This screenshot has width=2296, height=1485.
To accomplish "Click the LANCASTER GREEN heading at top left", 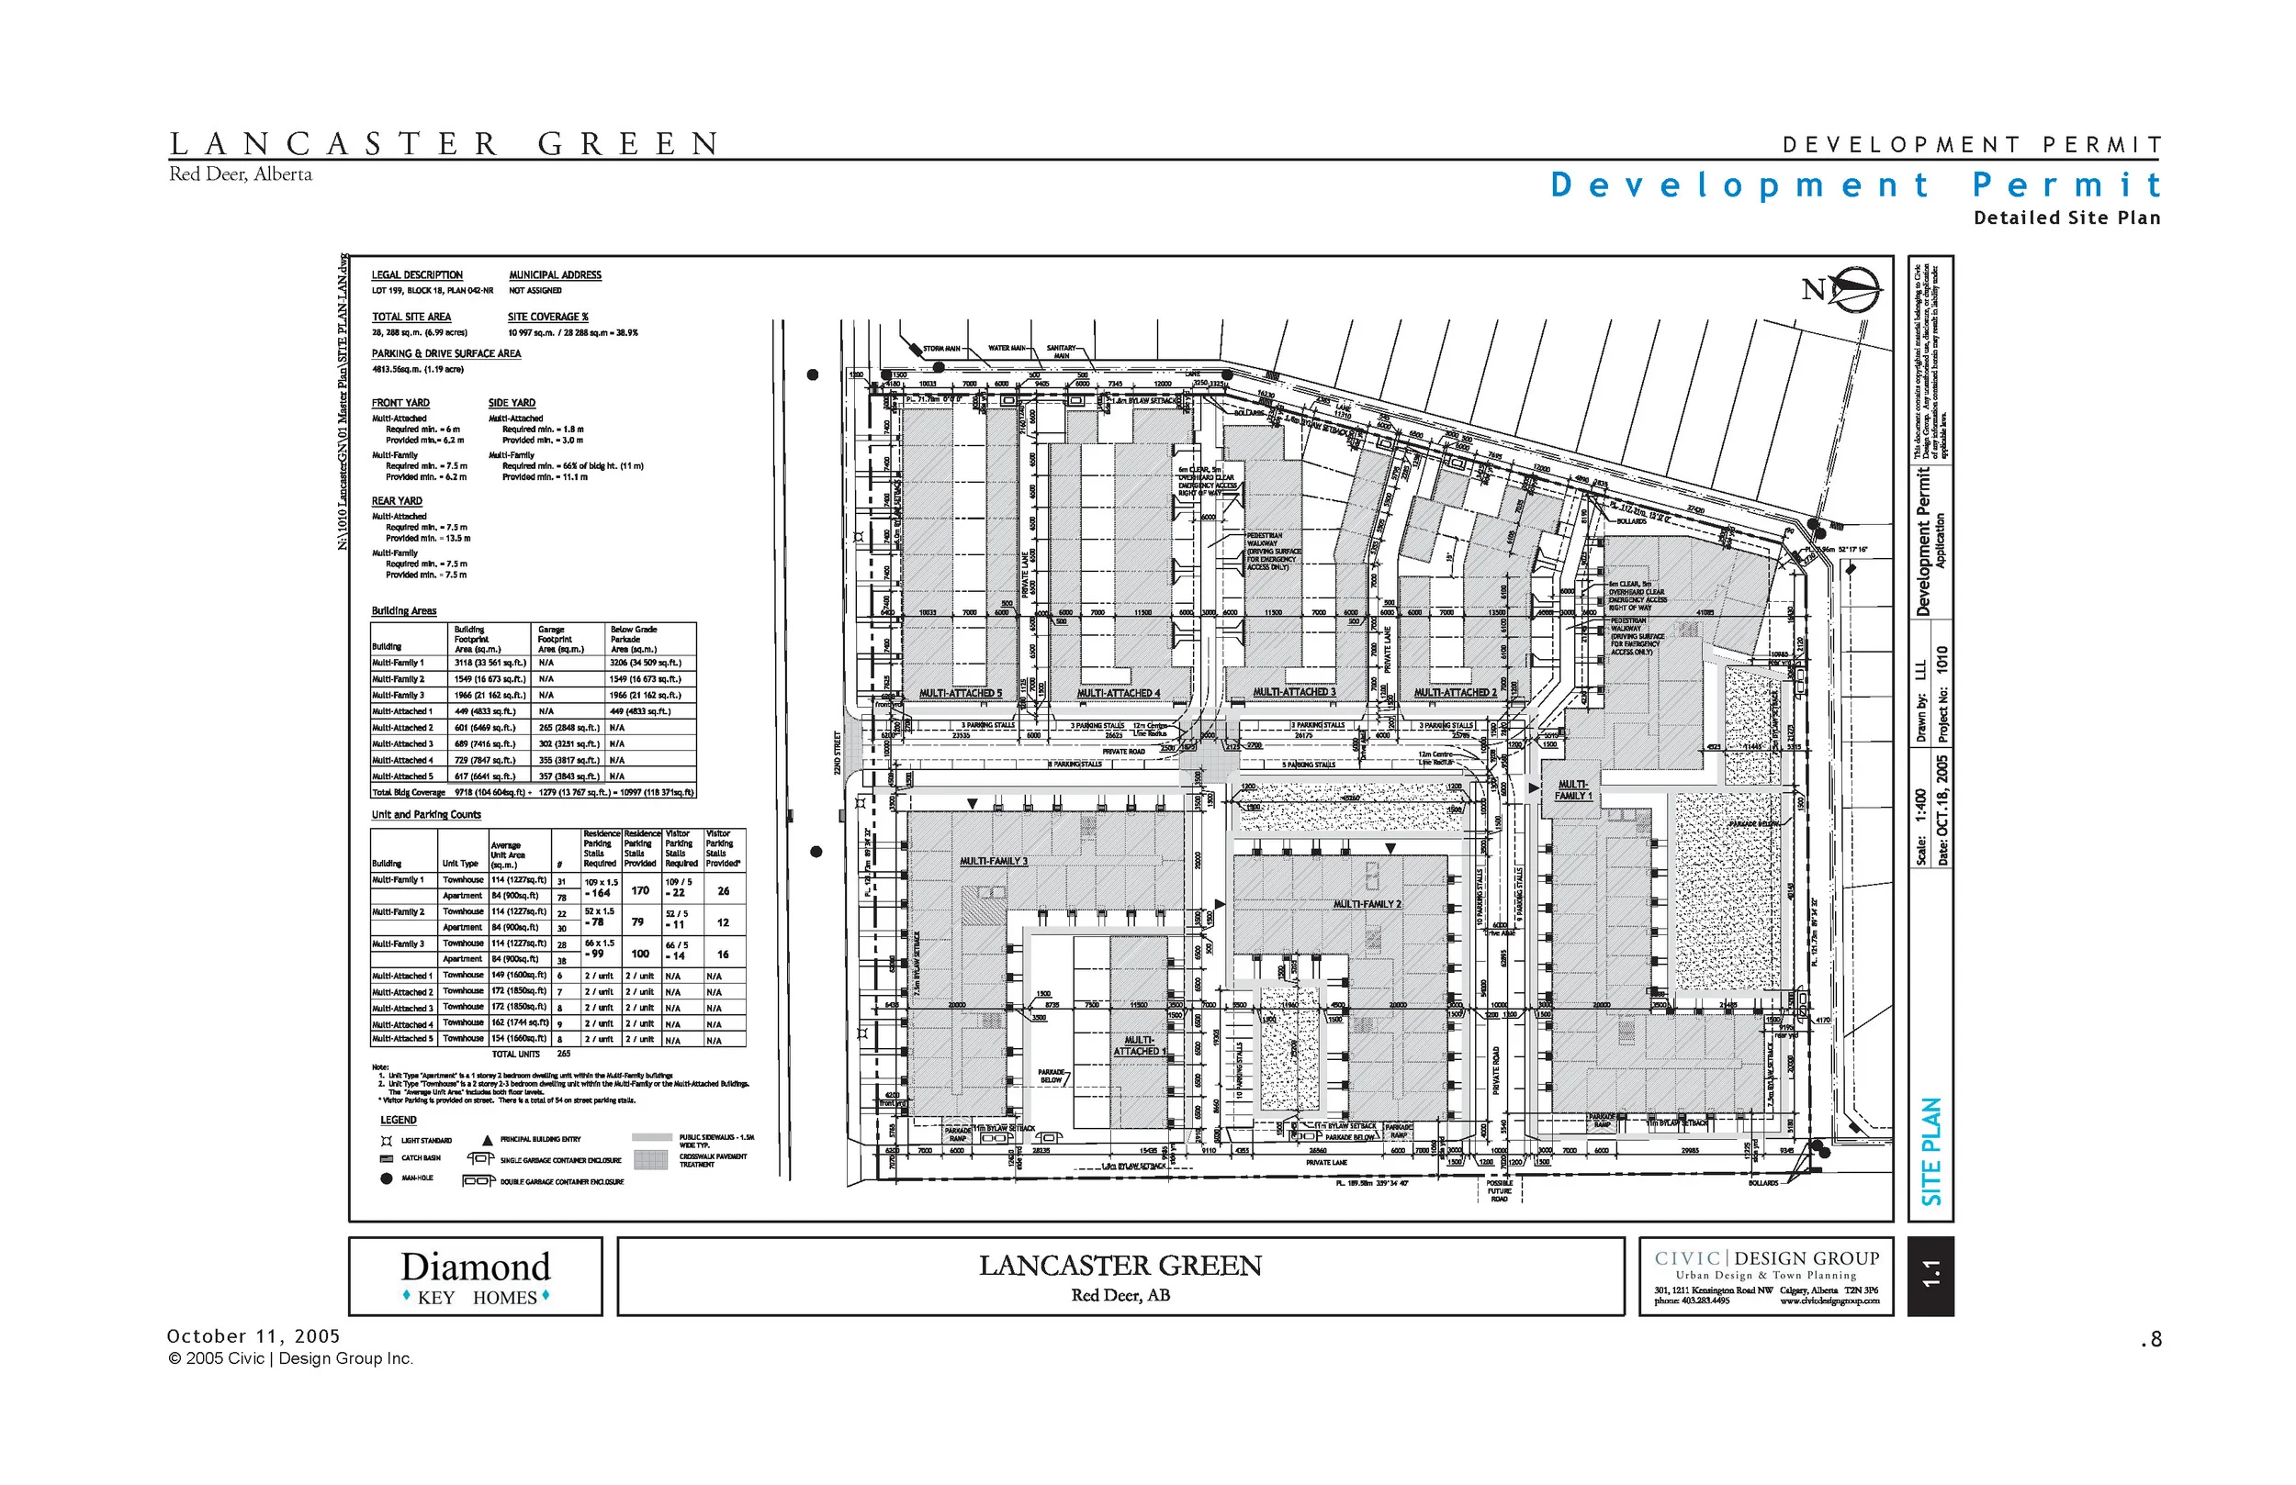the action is [x=444, y=145].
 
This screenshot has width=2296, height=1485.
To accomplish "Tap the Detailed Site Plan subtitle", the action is [x=2066, y=218].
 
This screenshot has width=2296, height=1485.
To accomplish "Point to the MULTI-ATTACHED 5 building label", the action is [x=960, y=693].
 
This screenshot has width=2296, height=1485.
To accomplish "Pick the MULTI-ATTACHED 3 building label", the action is [x=1294, y=692].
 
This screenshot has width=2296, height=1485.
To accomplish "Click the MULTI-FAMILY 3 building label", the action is [x=994, y=861].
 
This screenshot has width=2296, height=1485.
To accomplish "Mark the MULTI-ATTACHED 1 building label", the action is [x=1140, y=1045].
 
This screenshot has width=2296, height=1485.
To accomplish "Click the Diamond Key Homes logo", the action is [x=476, y=1277].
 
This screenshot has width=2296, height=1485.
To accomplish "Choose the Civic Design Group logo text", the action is [x=1766, y=1258].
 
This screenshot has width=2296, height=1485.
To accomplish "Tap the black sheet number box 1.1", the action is [x=1930, y=1276].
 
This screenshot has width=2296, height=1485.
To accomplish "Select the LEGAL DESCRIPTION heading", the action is [x=417, y=274].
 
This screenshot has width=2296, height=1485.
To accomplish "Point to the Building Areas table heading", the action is [x=404, y=610].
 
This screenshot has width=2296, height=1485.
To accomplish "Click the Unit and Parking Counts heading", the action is [x=425, y=815].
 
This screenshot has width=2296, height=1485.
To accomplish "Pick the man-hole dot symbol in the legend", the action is [x=387, y=1178].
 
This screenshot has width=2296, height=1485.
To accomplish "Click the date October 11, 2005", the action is [x=253, y=1336].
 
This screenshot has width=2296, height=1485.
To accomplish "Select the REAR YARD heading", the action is [x=397, y=500].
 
